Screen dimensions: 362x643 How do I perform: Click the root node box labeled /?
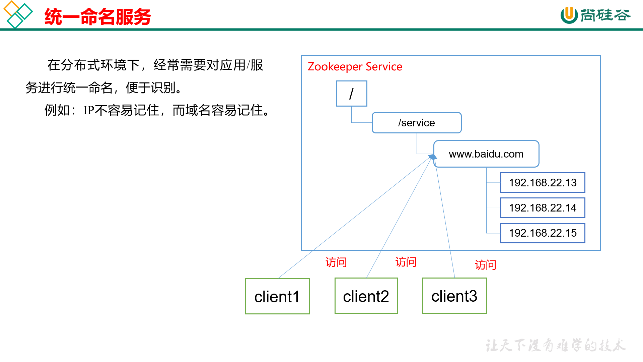(351, 94)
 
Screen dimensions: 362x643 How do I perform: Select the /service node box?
(416, 123)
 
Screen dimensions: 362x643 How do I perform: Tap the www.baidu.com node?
(486, 154)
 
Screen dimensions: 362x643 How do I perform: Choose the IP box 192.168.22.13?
(543, 183)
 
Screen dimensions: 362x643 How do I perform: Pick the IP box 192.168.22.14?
(543, 208)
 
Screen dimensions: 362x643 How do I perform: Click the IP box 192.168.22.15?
(543, 233)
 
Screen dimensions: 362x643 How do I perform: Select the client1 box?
(277, 296)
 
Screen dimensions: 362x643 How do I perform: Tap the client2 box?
(366, 296)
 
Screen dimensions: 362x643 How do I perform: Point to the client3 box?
(454, 296)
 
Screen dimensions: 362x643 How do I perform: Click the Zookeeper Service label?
(355, 67)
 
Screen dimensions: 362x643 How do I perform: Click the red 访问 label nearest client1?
(336, 262)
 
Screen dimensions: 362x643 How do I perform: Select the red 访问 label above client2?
(406, 262)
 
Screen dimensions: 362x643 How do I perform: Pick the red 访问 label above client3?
(485, 265)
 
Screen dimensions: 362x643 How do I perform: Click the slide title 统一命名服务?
(97, 17)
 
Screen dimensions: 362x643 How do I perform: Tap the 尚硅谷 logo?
(595, 15)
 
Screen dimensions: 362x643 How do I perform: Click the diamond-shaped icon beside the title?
(18, 14)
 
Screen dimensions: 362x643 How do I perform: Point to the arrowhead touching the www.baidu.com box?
(433, 157)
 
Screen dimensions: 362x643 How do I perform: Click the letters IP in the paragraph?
(89, 110)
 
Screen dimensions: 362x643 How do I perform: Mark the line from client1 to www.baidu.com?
(355, 217)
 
